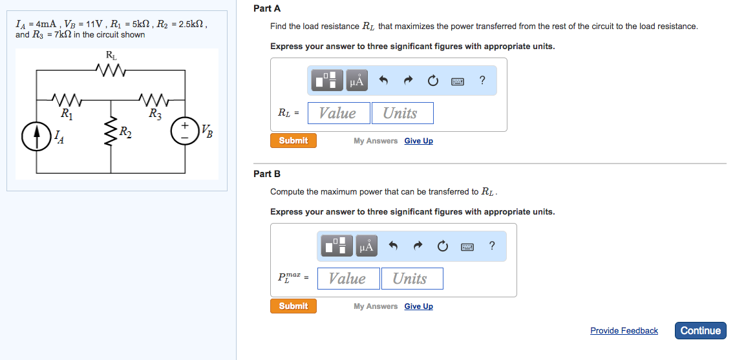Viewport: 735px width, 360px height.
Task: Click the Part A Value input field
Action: [x=339, y=113]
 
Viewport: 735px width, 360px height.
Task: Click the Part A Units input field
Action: [x=401, y=113]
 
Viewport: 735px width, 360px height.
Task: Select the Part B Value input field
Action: [x=348, y=279]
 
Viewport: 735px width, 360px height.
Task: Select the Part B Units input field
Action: [x=412, y=279]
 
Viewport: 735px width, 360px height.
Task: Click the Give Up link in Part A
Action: [x=418, y=141]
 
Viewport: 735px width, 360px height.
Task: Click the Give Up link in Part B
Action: [x=418, y=306]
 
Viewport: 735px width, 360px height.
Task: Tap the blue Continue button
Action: [x=700, y=330]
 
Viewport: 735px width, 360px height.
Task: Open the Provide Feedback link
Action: [x=624, y=330]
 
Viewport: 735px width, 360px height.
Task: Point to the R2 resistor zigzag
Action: [x=111, y=132]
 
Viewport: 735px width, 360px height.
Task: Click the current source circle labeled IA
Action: [x=36, y=136]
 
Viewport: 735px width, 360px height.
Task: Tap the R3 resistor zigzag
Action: [x=154, y=100]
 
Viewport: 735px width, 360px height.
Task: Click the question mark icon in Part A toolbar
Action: [x=482, y=81]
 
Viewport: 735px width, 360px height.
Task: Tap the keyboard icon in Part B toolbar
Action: [x=467, y=246]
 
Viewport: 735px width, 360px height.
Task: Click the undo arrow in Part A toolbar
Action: [x=383, y=81]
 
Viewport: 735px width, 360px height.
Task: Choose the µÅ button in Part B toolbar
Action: [x=367, y=246]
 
